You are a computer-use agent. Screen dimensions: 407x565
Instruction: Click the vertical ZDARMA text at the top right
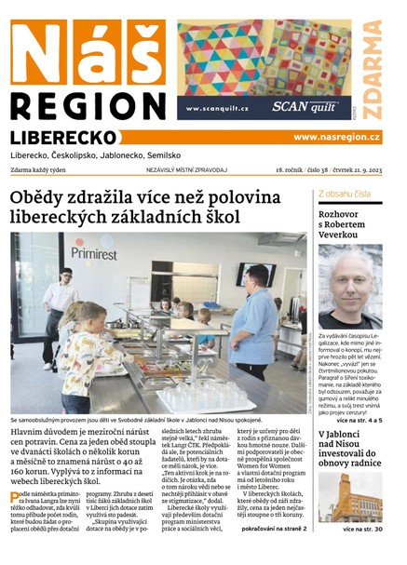coord(372,69)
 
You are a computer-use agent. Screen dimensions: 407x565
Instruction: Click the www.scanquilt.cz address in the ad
coord(217,109)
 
